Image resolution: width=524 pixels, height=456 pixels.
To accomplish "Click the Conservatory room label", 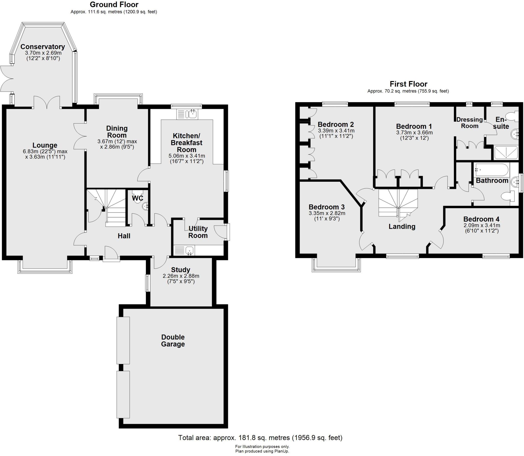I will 42,47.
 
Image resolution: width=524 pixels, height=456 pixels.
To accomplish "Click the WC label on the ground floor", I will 137,198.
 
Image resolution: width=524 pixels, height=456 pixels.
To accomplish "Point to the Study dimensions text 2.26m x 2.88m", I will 181,276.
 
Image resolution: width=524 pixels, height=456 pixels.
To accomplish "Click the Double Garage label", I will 173,340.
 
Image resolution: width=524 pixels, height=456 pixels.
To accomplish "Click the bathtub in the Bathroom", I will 491,170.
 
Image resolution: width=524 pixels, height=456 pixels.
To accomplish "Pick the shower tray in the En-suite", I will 506,153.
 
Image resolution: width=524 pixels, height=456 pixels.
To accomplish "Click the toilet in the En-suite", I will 512,117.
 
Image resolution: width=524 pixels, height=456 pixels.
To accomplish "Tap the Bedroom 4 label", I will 481,219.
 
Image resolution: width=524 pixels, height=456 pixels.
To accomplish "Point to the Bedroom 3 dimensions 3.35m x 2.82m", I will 327,213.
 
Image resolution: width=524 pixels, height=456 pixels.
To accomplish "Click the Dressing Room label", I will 469,123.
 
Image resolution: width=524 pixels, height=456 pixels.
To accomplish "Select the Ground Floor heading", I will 114,5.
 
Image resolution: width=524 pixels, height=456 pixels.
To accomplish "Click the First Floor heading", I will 408,84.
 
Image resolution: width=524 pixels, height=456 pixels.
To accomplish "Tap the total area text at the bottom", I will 260,438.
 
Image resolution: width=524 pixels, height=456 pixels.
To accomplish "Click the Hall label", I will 124,236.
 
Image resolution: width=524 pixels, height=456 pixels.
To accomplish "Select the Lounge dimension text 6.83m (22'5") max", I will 45,151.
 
